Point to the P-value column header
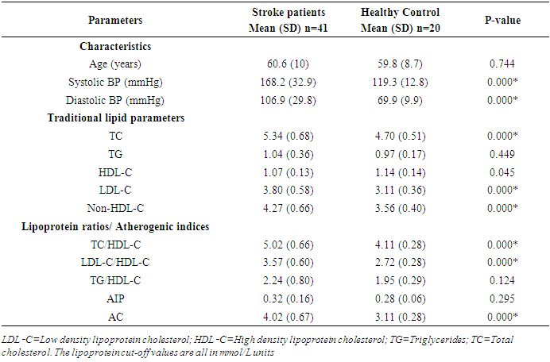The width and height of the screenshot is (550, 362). click(x=502, y=19)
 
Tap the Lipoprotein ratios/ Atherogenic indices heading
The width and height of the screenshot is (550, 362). click(x=116, y=226)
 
